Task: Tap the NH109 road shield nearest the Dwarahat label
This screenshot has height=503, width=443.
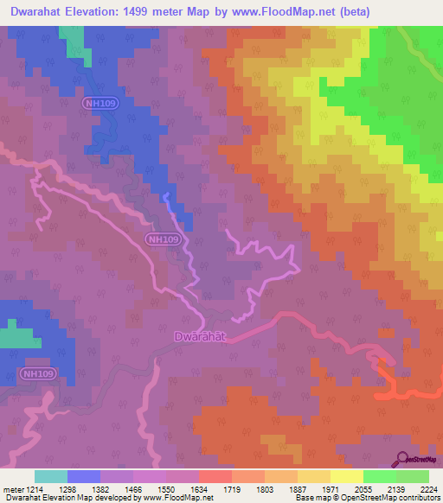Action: (162, 239)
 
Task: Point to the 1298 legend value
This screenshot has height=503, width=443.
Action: (77, 489)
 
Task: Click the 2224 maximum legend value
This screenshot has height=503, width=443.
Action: (431, 489)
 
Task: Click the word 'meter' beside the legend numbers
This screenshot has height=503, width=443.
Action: (14, 489)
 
